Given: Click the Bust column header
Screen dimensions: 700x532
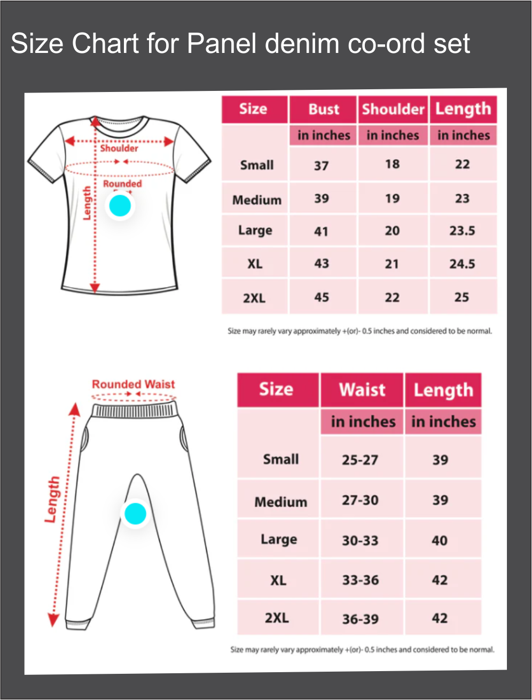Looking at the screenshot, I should point(323,109).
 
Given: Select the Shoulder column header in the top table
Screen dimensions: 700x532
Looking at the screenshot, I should point(393,109).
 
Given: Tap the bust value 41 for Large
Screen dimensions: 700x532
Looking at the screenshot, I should point(321,231).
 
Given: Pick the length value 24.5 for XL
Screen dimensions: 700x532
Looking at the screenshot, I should point(462,264).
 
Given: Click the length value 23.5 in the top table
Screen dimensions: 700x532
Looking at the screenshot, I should point(462,231).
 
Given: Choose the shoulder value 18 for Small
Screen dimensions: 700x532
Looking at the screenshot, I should point(392,164).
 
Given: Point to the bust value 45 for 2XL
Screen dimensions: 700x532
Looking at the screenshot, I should point(321,297).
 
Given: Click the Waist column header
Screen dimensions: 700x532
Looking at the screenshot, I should point(362,390).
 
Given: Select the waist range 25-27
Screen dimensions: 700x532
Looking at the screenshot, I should point(359,460).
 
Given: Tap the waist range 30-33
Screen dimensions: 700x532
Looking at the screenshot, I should point(360,541).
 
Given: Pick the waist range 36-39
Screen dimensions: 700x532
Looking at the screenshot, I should point(360,619).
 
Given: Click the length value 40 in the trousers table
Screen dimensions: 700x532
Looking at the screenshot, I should point(440,541).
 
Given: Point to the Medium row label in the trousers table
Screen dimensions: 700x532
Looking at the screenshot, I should point(280,502).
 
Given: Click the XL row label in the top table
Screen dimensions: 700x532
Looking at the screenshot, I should point(255,264).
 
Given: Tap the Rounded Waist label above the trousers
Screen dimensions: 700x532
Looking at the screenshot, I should point(133,384).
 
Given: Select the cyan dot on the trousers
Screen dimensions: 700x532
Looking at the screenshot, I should point(135,514).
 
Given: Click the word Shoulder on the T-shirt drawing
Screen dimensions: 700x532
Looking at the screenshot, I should point(119,148).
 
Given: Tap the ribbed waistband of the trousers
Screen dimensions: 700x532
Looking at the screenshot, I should point(134,411).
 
